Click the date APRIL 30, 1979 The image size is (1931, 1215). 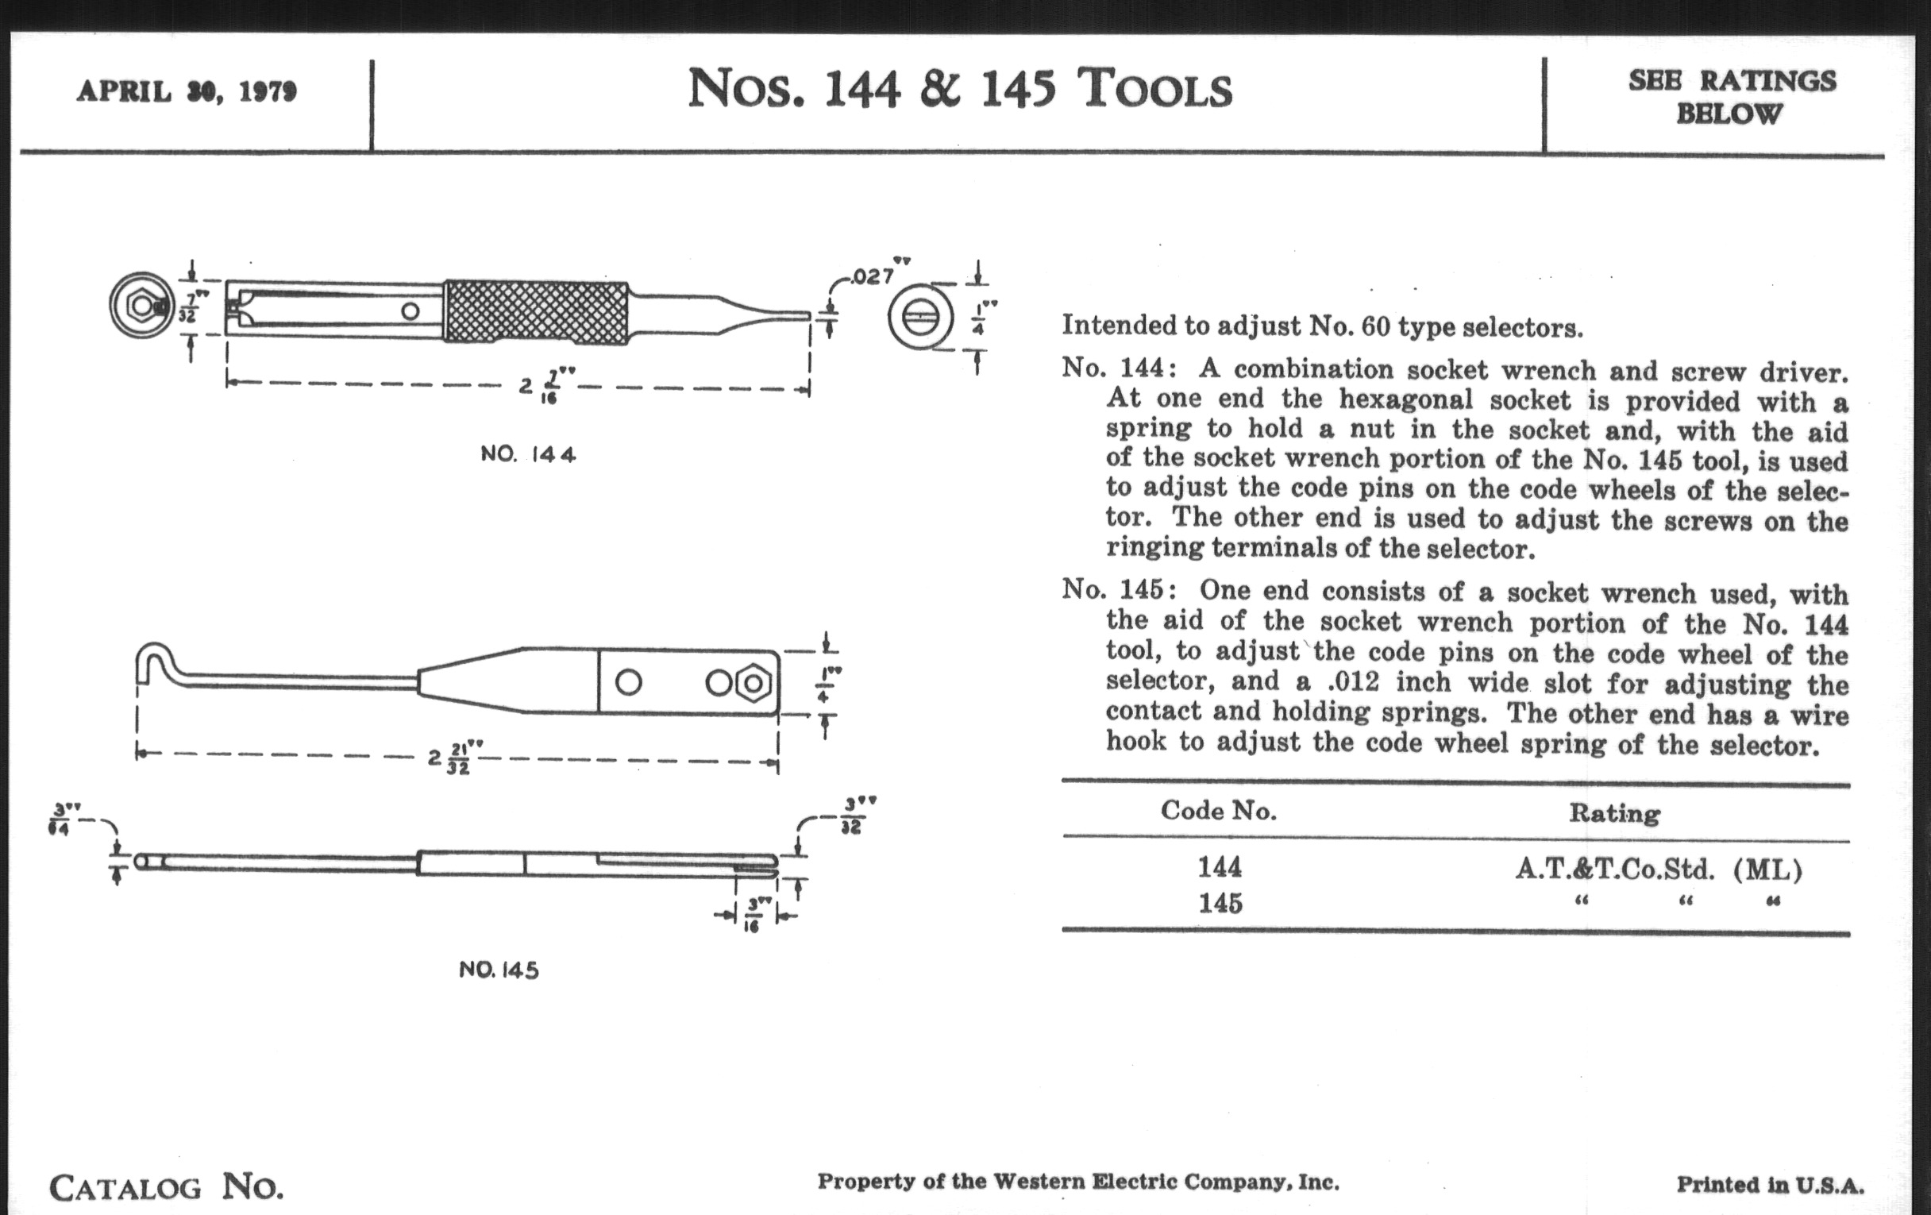coord(186,91)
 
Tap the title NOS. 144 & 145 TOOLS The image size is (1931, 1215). coord(959,88)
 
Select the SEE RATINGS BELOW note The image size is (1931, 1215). coord(1732,97)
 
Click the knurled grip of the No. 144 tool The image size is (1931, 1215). coord(536,313)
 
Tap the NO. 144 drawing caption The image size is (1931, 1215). coord(528,454)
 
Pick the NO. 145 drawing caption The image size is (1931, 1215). coord(499,970)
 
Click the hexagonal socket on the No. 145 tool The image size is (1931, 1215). coord(753,683)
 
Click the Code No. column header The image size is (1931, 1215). coord(1218,811)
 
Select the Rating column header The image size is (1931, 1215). coord(1614,813)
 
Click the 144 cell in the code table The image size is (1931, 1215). coord(1220,867)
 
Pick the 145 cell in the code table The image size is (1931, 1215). coord(1220,903)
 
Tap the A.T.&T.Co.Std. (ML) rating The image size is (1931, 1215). coord(1659,869)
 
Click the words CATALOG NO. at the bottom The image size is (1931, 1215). coord(166,1186)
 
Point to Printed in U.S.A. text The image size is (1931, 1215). coord(1770,1185)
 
